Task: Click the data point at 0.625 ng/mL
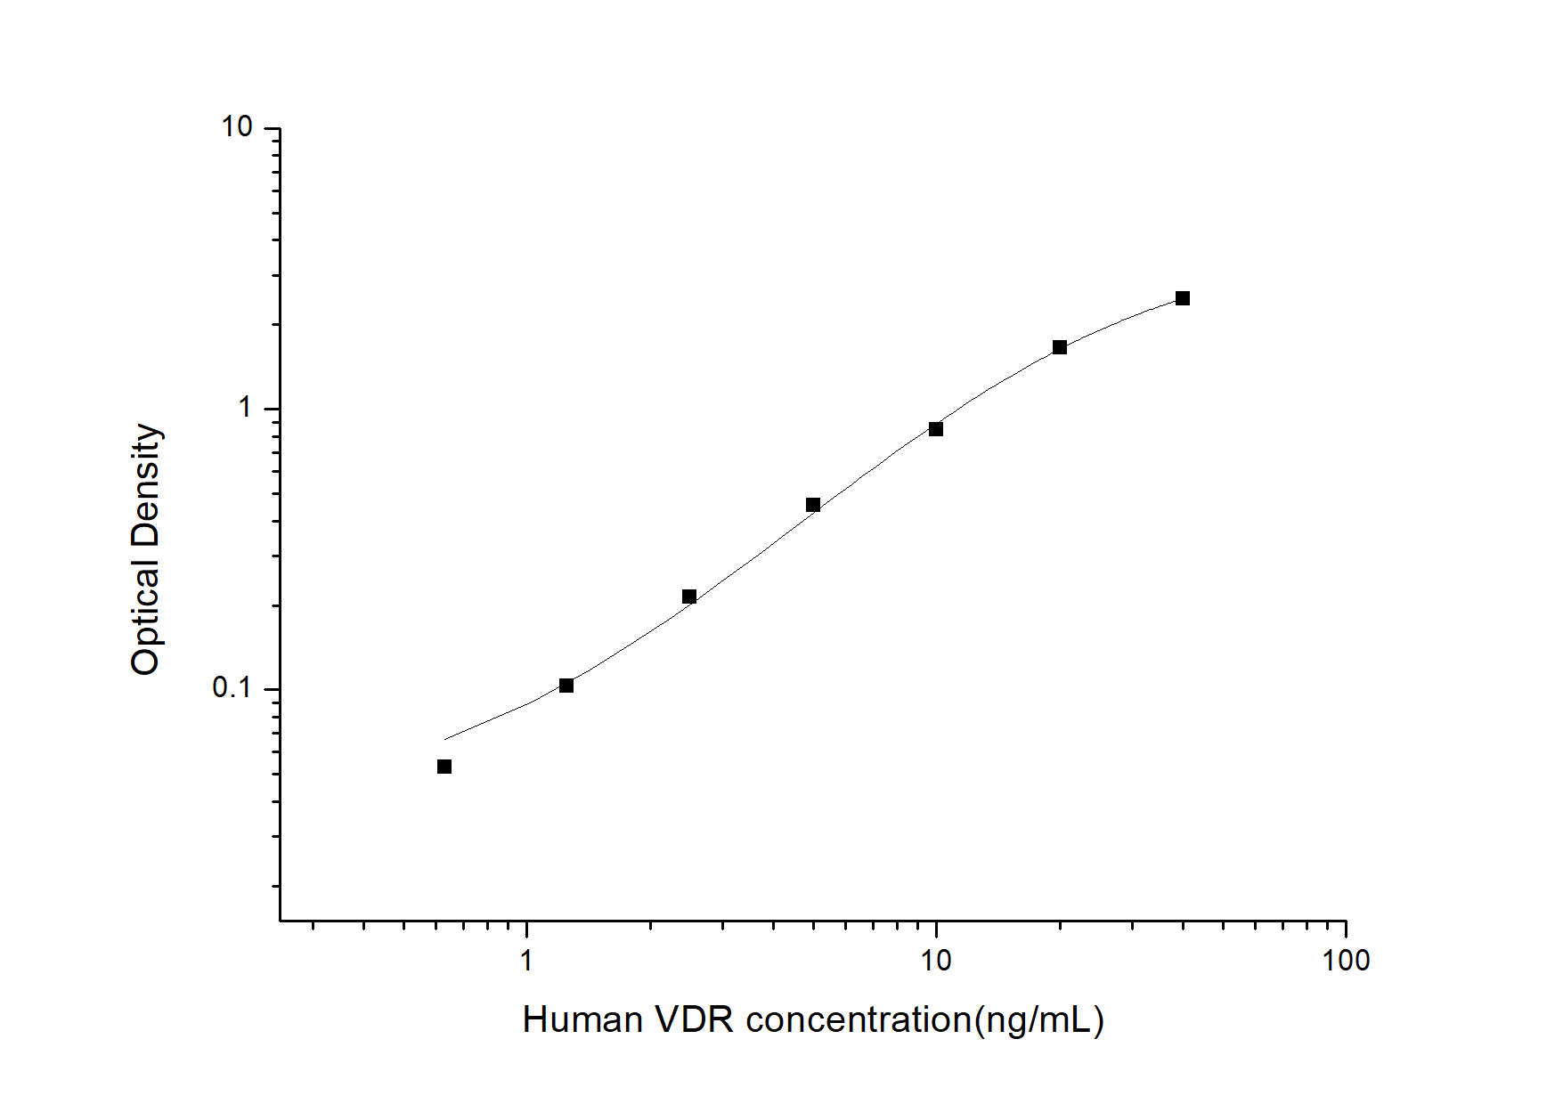(x=444, y=767)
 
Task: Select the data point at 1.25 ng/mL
(x=566, y=686)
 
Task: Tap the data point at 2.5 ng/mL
(x=689, y=597)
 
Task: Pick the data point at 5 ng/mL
(x=813, y=505)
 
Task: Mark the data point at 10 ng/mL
(x=936, y=429)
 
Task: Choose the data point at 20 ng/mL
(x=1060, y=347)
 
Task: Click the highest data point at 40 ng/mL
(x=1183, y=298)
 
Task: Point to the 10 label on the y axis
(x=238, y=127)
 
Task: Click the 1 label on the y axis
(x=246, y=408)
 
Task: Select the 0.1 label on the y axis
(x=232, y=688)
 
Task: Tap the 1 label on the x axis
(x=526, y=961)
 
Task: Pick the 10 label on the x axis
(x=935, y=961)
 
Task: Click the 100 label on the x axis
(x=1346, y=961)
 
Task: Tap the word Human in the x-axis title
(x=582, y=1020)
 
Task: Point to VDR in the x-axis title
(x=695, y=1020)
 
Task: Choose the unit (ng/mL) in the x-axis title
(x=1039, y=1020)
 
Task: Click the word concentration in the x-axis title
(x=859, y=1020)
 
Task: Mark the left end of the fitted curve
(x=445, y=739)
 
